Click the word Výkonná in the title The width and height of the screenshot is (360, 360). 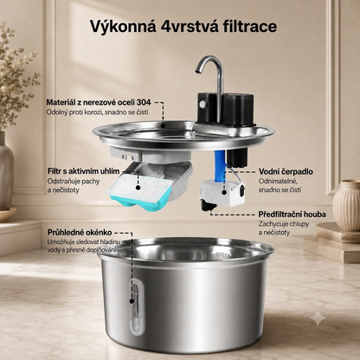123,26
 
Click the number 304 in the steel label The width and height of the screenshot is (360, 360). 144,102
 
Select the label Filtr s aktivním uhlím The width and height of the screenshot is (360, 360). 83,171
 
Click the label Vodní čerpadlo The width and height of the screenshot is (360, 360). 286,171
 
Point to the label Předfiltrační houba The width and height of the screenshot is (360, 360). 292,215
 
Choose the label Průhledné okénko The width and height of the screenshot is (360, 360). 80,233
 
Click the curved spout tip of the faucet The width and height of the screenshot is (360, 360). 198,71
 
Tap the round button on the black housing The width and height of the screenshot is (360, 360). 203,104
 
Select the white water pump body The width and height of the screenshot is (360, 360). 222,192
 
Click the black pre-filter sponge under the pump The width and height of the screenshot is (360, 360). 209,205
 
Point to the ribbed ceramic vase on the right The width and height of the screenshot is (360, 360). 346,202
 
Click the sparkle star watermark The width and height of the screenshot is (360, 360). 318,318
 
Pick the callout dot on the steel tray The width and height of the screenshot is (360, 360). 163,125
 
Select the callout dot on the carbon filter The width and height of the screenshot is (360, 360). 138,188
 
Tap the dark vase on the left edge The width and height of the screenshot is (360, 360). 6,170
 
